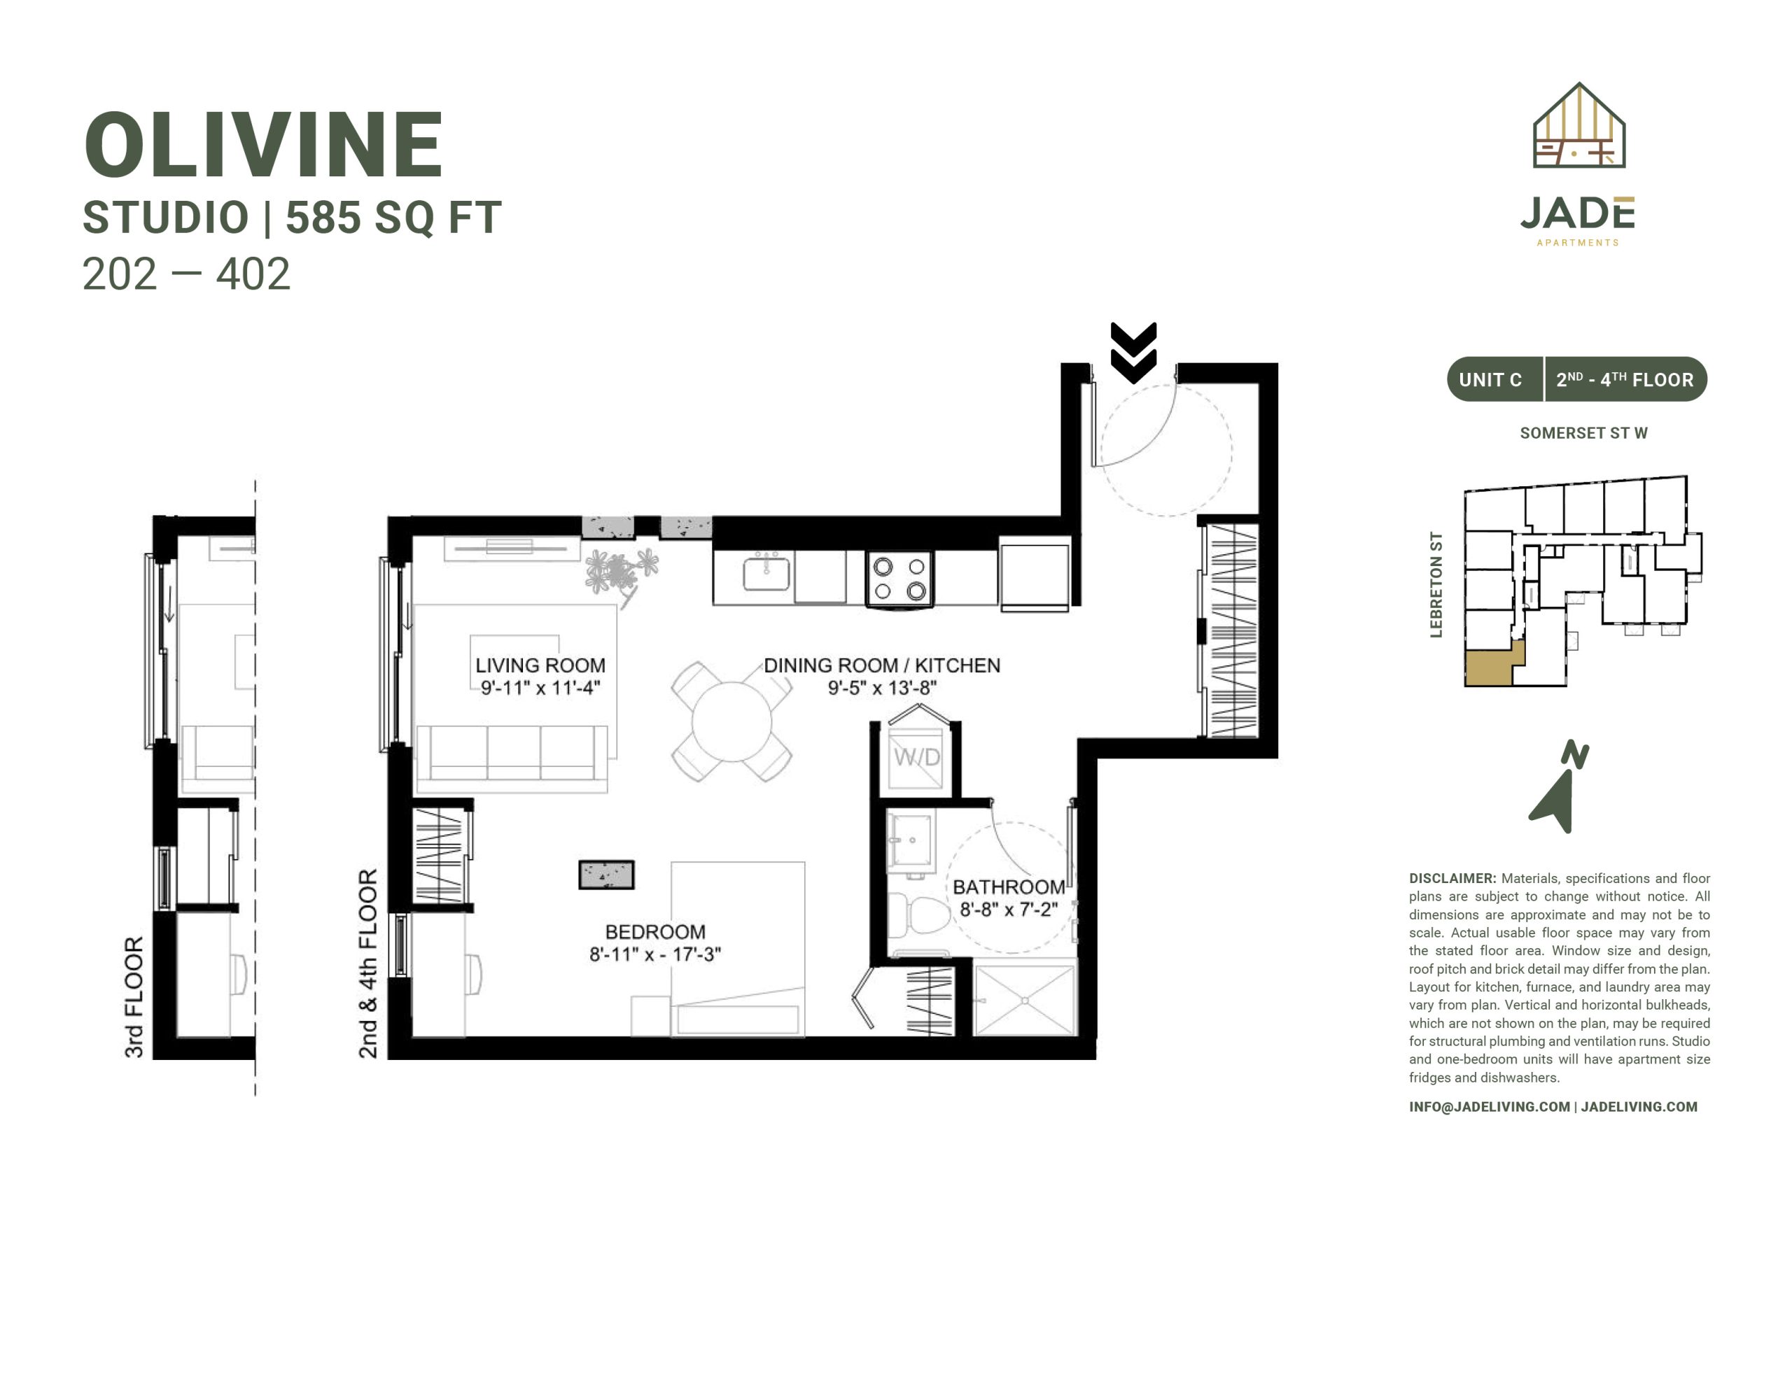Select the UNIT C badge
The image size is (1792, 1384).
coord(1491,380)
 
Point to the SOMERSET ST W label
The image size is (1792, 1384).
coord(1583,433)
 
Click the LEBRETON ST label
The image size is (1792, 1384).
coord(1436,584)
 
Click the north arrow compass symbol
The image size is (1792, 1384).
coord(1557,788)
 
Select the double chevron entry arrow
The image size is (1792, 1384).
coord(1133,353)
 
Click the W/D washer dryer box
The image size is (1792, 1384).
coord(916,756)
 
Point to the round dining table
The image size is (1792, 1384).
coord(731,722)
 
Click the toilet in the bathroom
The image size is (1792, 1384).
coord(919,914)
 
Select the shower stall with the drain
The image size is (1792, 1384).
coord(1025,1000)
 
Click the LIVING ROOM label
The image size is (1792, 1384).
coord(540,665)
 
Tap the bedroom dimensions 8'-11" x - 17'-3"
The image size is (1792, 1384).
coord(654,954)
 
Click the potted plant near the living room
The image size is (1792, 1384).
coord(622,572)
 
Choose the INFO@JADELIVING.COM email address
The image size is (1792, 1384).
coord(1489,1107)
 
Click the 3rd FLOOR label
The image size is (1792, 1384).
coord(134,997)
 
